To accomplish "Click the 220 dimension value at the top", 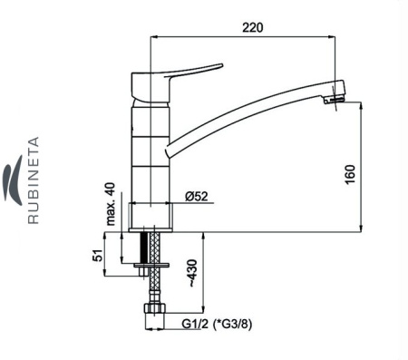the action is [253, 27].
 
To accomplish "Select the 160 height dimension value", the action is [350, 174].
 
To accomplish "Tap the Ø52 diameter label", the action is [197, 197].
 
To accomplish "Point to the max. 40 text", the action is [112, 204].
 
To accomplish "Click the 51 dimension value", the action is [98, 256].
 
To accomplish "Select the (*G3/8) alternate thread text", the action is [232, 325].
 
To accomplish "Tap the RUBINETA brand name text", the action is [34, 180].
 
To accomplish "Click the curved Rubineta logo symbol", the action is [13, 180].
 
